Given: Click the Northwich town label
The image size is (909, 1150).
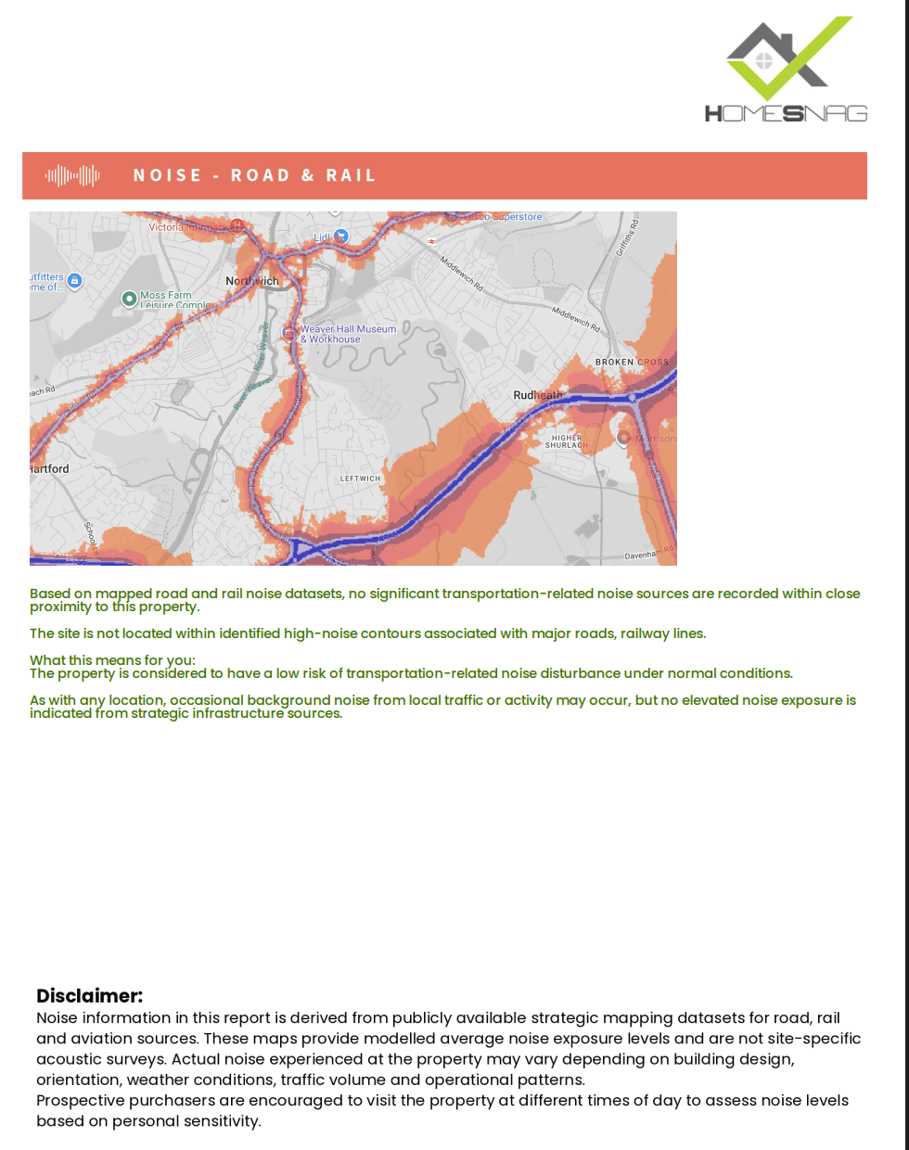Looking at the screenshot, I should pos(251,281).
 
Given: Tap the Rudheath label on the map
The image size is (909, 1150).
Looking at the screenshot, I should pos(537,395).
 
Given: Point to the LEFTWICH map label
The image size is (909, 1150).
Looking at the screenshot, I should pos(360,479).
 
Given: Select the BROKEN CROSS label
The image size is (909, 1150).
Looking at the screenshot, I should pos(631,362).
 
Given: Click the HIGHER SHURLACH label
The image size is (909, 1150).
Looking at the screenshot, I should pos(566,441).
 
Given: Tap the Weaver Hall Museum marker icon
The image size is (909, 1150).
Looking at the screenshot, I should pos(288,332).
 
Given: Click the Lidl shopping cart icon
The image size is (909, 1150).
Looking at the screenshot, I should pos(340,236).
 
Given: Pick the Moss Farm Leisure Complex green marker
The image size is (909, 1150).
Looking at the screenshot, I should pos(130,299).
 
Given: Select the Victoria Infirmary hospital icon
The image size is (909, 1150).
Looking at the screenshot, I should pos(237,225).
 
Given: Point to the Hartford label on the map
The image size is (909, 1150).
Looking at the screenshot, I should pos(49,468).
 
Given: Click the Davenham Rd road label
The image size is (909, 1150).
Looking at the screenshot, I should pos(648,554).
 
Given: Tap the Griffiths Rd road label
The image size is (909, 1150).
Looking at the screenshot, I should pos(628,237).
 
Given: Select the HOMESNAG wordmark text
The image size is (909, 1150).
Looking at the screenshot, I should pos(786,113).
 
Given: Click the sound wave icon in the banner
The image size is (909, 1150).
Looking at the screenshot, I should pos(72,175).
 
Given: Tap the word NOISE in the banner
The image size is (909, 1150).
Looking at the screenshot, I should pos(167,175).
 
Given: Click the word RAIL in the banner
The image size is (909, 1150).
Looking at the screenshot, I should pos(351,175).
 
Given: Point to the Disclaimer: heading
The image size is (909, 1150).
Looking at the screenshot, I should pos(89,996).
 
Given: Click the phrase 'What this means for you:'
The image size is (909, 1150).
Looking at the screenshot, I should pos(112,660).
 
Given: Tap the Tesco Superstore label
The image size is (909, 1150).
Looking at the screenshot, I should pos(502,217).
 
